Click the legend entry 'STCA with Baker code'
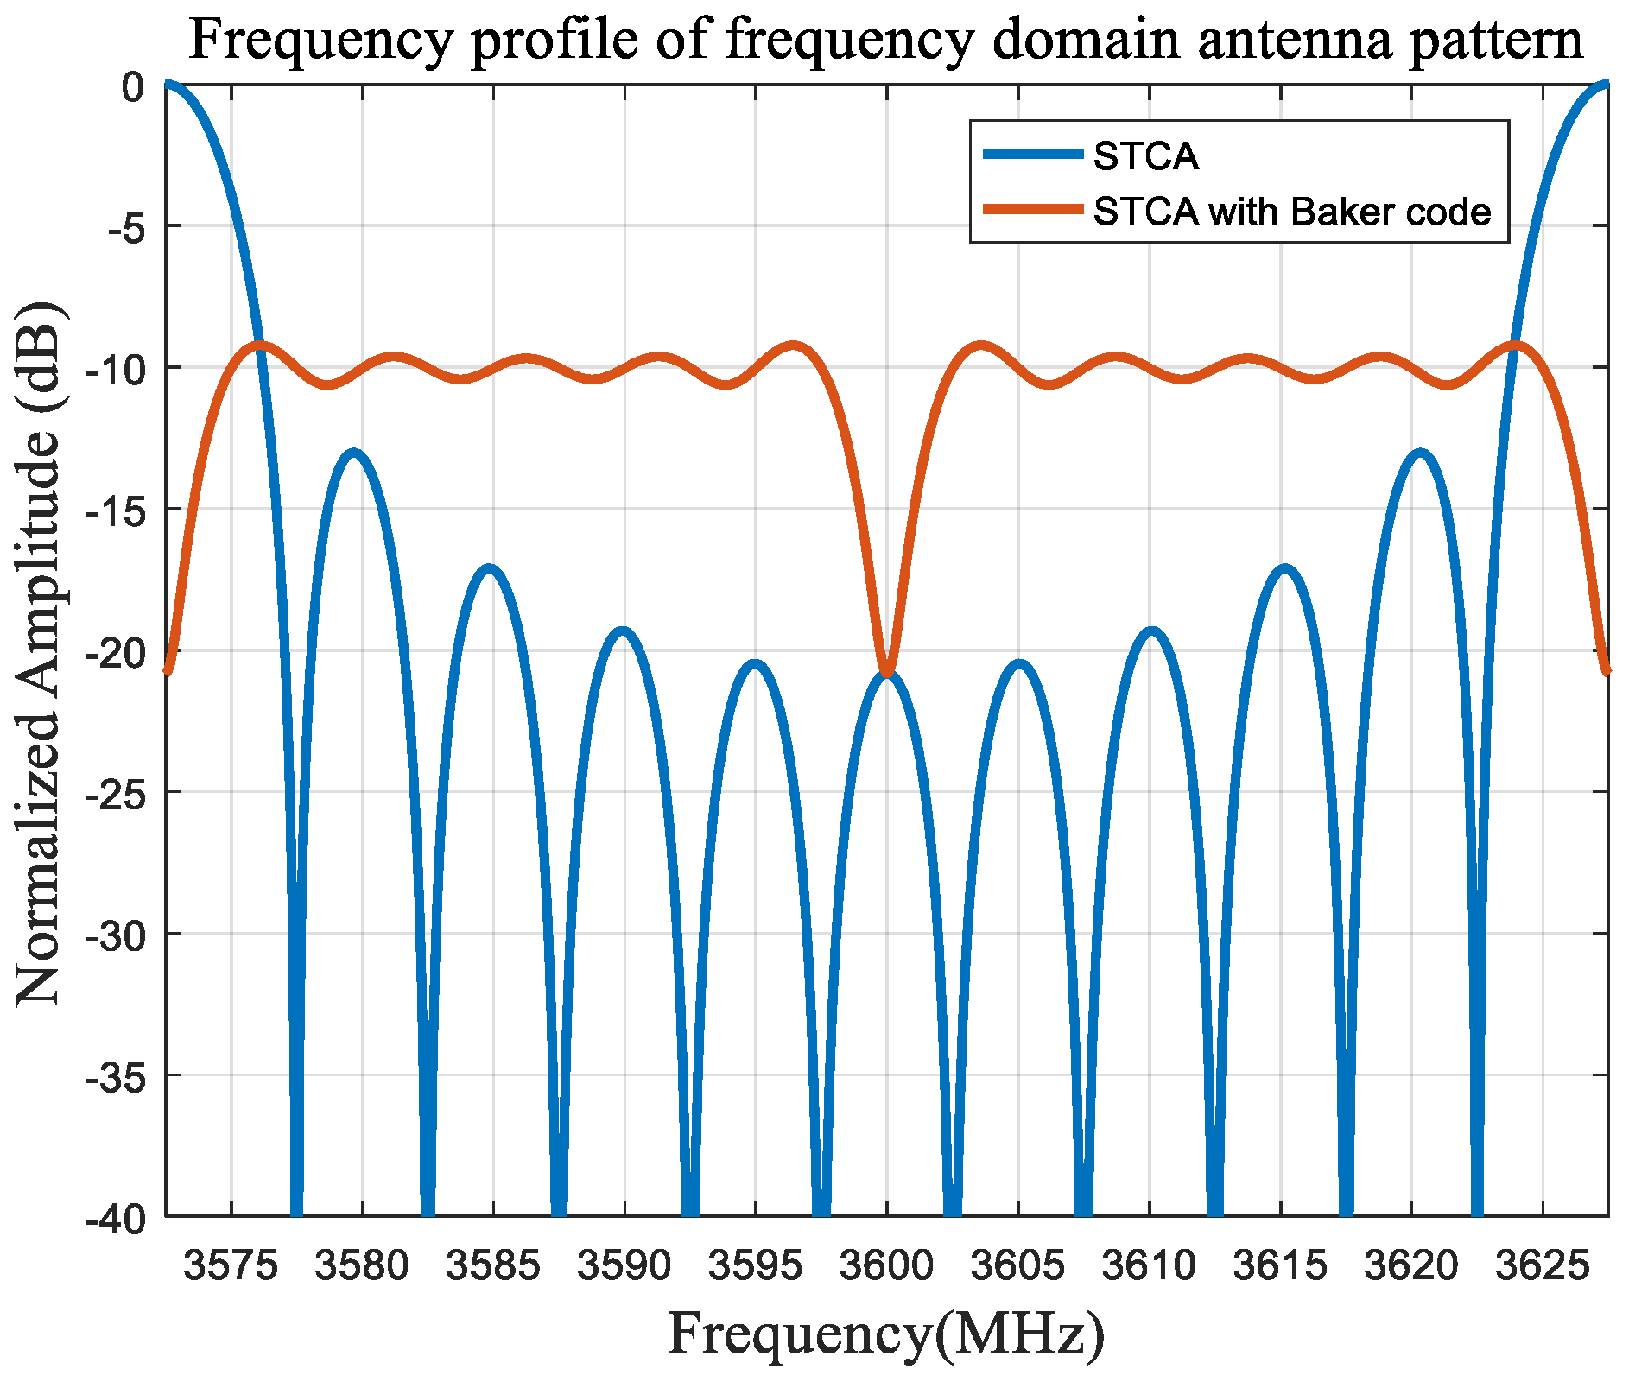point(1291,212)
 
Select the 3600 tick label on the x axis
point(886,1266)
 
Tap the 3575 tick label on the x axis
point(231,1266)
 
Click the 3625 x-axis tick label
point(1542,1266)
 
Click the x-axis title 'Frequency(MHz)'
point(886,1334)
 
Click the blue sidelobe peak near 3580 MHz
point(353,453)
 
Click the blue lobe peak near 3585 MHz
point(490,569)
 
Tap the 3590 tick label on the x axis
point(624,1266)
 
